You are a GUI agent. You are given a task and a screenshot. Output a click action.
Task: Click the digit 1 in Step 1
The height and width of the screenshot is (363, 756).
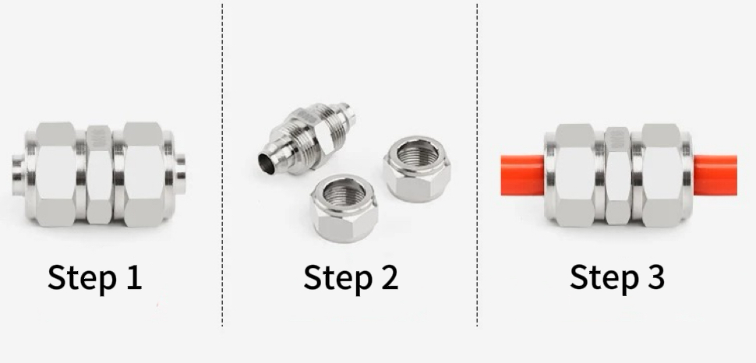pyautogui.click(x=134, y=277)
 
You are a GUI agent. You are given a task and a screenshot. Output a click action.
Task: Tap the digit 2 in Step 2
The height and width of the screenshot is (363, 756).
pyautogui.click(x=389, y=277)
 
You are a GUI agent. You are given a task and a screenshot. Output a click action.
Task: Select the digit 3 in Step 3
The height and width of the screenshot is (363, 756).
pyautogui.click(x=655, y=277)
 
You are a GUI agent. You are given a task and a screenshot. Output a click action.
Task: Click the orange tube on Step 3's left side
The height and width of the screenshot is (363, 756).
pyautogui.click(x=523, y=175)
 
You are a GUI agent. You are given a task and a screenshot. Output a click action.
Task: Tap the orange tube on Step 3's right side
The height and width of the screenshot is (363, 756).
pyautogui.click(x=715, y=175)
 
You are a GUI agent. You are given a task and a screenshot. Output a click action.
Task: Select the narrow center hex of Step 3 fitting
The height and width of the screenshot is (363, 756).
pyautogui.click(x=617, y=175)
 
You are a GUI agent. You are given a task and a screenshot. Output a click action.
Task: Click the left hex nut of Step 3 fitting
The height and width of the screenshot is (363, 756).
pyautogui.click(x=574, y=175)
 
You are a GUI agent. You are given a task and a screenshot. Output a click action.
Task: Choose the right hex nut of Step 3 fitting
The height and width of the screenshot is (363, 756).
pyautogui.click(x=661, y=175)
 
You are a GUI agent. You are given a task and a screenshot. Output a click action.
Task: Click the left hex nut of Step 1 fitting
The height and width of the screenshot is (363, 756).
pyautogui.click(x=55, y=174)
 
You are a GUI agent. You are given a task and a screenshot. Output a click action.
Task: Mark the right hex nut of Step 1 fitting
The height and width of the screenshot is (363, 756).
pyautogui.click(x=143, y=174)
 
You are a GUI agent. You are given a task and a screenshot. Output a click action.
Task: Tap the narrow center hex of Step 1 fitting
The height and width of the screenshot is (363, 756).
pyautogui.click(x=99, y=174)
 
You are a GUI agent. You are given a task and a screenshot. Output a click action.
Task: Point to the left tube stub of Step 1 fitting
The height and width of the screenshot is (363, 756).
pyautogui.click(x=19, y=174)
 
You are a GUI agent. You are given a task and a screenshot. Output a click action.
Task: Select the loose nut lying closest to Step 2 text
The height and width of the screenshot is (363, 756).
pyautogui.click(x=344, y=208)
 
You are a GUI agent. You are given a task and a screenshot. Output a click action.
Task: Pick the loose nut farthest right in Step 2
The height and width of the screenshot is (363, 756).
pyautogui.click(x=417, y=169)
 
